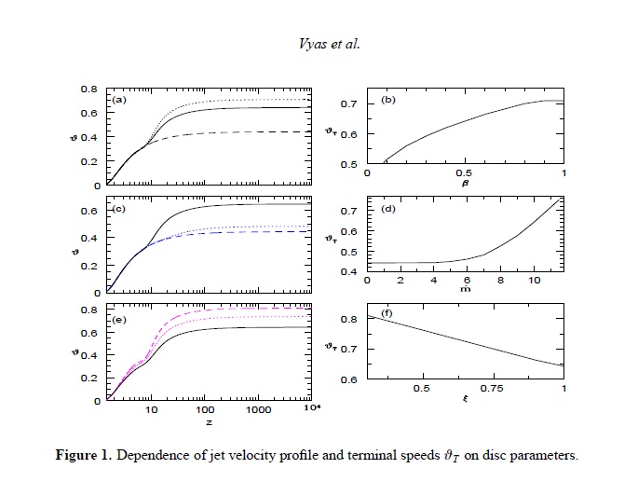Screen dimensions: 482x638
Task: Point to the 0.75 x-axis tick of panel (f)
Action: coord(493,389)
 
